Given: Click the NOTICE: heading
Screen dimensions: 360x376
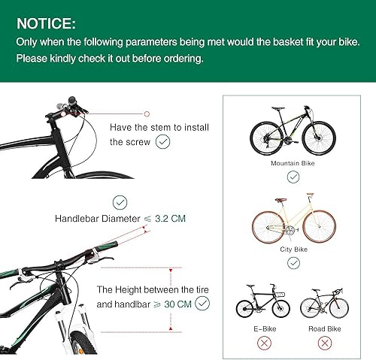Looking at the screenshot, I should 46,23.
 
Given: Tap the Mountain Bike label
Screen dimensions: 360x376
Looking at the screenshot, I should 293,162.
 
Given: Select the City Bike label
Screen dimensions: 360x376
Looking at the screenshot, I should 293,250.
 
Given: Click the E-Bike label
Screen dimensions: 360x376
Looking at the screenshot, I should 262,328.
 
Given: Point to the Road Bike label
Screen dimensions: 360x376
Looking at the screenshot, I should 325,328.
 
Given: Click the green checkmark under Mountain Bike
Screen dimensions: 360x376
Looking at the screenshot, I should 293,177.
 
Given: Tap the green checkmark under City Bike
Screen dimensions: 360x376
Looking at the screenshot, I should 293,263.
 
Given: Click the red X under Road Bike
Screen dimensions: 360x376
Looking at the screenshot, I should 325,343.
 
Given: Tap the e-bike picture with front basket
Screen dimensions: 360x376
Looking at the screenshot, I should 262,302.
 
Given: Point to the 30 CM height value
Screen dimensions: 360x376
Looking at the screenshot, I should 174,304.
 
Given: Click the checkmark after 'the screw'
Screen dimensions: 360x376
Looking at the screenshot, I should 162,141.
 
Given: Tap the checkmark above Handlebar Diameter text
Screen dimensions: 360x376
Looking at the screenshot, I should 120,201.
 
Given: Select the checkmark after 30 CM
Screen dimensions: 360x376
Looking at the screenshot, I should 202,304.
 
